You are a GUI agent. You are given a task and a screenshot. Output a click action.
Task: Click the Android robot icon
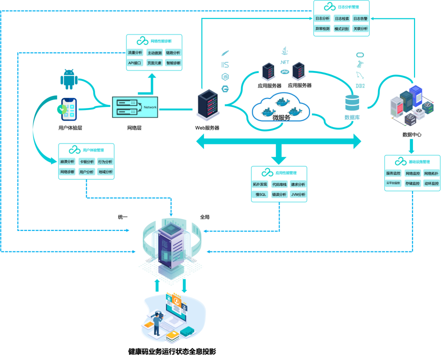(x=69, y=79)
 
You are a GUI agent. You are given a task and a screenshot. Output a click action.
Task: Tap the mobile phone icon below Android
(x=68, y=109)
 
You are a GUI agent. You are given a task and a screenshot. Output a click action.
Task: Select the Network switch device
(x=134, y=107)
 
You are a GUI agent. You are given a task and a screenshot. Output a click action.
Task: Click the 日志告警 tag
(x=360, y=18)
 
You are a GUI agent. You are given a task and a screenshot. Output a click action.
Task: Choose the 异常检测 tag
(x=322, y=28)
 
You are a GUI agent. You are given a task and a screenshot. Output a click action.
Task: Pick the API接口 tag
(x=135, y=63)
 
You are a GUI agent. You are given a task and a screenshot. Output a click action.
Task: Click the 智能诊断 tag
(x=173, y=63)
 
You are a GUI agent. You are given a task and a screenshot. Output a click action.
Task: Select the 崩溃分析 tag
(x=67, y=161)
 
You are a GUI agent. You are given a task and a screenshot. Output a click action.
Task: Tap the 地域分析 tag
(x=105, y=171)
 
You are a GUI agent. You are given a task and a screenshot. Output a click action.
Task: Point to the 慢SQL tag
(x=261, y=194)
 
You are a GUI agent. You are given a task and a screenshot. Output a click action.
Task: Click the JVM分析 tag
(x=298, y=194)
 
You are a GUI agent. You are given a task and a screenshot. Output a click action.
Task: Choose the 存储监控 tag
(x=412, y=183)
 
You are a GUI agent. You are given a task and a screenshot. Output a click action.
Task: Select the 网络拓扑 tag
(x=431, y=173)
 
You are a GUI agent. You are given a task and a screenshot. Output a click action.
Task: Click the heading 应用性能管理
(x=285, y=173)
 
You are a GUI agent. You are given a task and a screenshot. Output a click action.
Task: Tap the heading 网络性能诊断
(x=160, y=41)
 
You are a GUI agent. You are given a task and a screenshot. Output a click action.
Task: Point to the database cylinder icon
(x=352, y=103)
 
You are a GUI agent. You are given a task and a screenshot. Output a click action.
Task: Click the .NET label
(x=284, y=62)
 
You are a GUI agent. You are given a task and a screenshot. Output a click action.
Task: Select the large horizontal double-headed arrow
(x=278, y=141)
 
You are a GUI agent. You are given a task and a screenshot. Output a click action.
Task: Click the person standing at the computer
(x=157, y=323)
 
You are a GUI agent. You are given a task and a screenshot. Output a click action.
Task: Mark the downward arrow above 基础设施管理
(x=411, y=145)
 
